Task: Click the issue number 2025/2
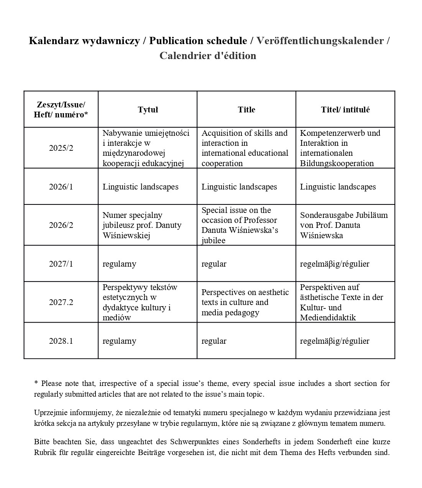coord(61,148)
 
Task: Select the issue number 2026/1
coord(61,187)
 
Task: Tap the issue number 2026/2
coord(61,225)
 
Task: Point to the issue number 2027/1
coord(61,264)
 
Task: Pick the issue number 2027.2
coord(61,302)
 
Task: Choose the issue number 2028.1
coord(61,341)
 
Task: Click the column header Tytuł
coord(148,110)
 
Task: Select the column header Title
coord(246,110)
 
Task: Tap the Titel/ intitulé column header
coord(345,110)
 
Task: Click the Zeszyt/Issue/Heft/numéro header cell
coord(61,110)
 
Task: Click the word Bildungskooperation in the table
coord(337,163)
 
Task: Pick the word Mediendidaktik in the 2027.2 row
coord(328,318)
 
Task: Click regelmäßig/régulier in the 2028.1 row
coord(335,341)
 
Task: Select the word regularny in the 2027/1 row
coord(119,264)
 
